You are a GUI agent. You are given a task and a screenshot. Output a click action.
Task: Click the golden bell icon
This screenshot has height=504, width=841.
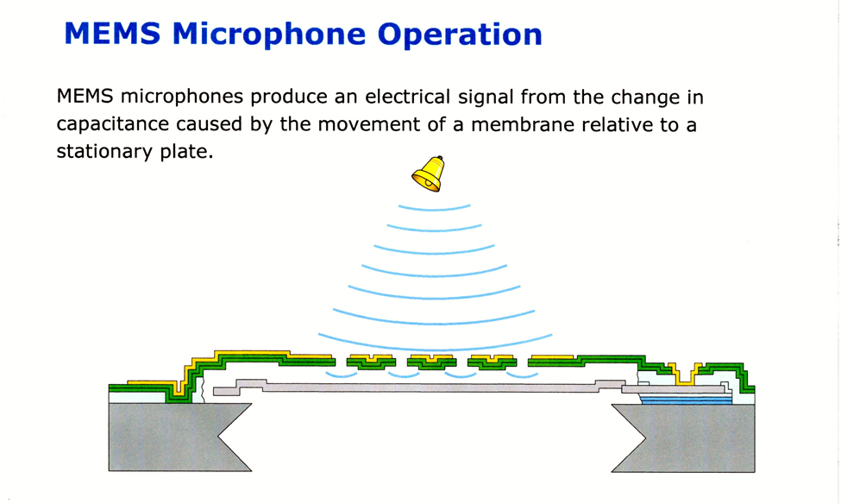pyautogui.click(x=429, y=174)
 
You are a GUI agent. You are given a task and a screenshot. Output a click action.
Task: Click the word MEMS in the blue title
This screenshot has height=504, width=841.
pyautogui.click(x=113, y=34)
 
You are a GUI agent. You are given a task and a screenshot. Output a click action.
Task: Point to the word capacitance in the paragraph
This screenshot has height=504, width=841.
pyautogui.click(x=112, y=124)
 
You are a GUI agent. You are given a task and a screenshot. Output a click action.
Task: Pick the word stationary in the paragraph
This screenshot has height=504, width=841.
pyautogui.click(x=104, y=152)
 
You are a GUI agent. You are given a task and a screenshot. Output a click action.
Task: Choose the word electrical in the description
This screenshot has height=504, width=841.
pyautogui.click(x=408, y=98)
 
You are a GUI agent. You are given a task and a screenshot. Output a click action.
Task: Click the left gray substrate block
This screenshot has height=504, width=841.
pyautogui.click(x=172, y=437)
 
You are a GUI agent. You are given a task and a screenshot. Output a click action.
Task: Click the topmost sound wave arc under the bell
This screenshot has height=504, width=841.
pyautogui.click(x=435, y=209)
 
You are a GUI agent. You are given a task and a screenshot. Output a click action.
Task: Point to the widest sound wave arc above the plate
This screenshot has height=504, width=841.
pyautogui.click(x=435, y=348)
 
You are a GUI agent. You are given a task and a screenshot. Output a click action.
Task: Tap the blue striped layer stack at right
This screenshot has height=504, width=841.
pyautogui.click(x=687, y=400)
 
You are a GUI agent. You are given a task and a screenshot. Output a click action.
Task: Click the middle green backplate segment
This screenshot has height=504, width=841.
pyautogui.click(x=432, y=362)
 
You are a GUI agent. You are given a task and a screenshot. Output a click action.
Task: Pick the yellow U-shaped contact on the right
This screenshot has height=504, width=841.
pyautogui.click(x=684, y=375)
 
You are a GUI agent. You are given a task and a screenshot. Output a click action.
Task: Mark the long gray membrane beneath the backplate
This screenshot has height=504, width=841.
pyautogui.click(x=418, y=387)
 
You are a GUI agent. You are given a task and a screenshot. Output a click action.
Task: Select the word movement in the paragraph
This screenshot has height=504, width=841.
pyautogui.click(x=368, y=124)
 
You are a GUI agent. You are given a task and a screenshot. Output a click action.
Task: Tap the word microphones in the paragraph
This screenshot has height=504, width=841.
pyautogui.click(x=182, y=98)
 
